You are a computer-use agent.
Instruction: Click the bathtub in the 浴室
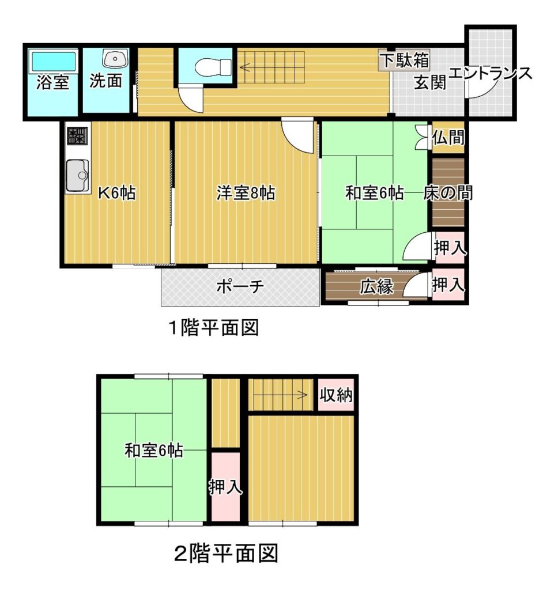point(54,61)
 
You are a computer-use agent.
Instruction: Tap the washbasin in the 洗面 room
point(115,59)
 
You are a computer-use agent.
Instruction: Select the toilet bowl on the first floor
point(213,67)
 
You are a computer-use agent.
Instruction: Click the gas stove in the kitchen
point(78,135)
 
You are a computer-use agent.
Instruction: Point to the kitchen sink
point(78,176)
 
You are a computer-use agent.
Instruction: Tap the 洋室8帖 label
point(246,193)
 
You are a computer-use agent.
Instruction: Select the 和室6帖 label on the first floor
point(375,193)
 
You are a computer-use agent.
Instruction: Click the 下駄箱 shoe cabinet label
point(405,60)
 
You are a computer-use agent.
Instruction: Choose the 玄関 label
point(430,82)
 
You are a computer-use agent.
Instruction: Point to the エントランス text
point(491,73)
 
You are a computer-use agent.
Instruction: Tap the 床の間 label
point(448,193)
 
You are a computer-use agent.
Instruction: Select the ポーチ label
point(240,287)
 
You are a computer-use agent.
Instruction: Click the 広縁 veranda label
point(376,287)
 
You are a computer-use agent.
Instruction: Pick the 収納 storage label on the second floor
point(336,395)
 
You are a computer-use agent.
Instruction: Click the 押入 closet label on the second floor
point(225,487)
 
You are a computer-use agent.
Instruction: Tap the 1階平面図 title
point(213,328)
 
